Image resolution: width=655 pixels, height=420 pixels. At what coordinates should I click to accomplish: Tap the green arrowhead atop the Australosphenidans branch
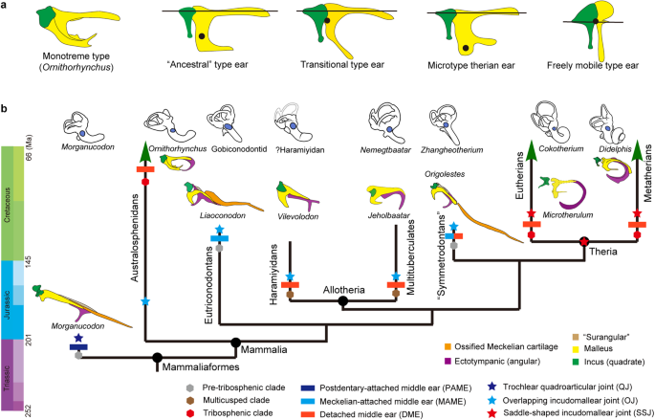(x=144, y=154)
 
